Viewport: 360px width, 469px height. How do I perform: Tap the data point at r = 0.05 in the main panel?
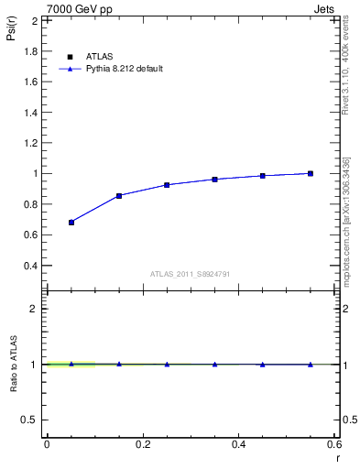71,222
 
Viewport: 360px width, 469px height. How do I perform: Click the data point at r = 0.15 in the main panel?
119,195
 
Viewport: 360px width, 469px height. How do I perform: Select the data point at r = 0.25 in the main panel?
167,184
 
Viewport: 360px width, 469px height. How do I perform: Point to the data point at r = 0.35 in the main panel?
214,179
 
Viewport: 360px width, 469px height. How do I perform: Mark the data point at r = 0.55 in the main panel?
311,173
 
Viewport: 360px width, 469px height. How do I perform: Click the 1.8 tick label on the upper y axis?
30,50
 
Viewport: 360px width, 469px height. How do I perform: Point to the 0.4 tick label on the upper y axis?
30,266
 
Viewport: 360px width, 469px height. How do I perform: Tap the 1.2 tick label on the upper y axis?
30,143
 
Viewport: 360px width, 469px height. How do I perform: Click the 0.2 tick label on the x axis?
143,443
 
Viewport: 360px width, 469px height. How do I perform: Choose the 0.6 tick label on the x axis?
334,443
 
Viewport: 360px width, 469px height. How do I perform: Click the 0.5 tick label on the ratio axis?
30,420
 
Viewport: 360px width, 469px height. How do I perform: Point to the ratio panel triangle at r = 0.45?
263,364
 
